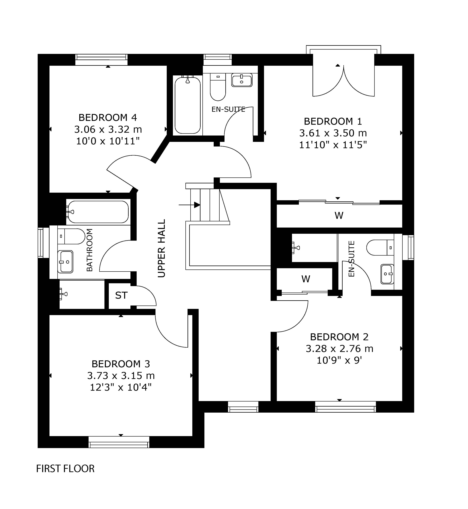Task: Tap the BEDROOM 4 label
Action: point(108,118)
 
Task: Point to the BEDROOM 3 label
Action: point(121,364)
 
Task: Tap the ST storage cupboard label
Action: point(121,295)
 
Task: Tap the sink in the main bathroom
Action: point(66,262)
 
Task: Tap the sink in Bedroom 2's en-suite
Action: point(387,274)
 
